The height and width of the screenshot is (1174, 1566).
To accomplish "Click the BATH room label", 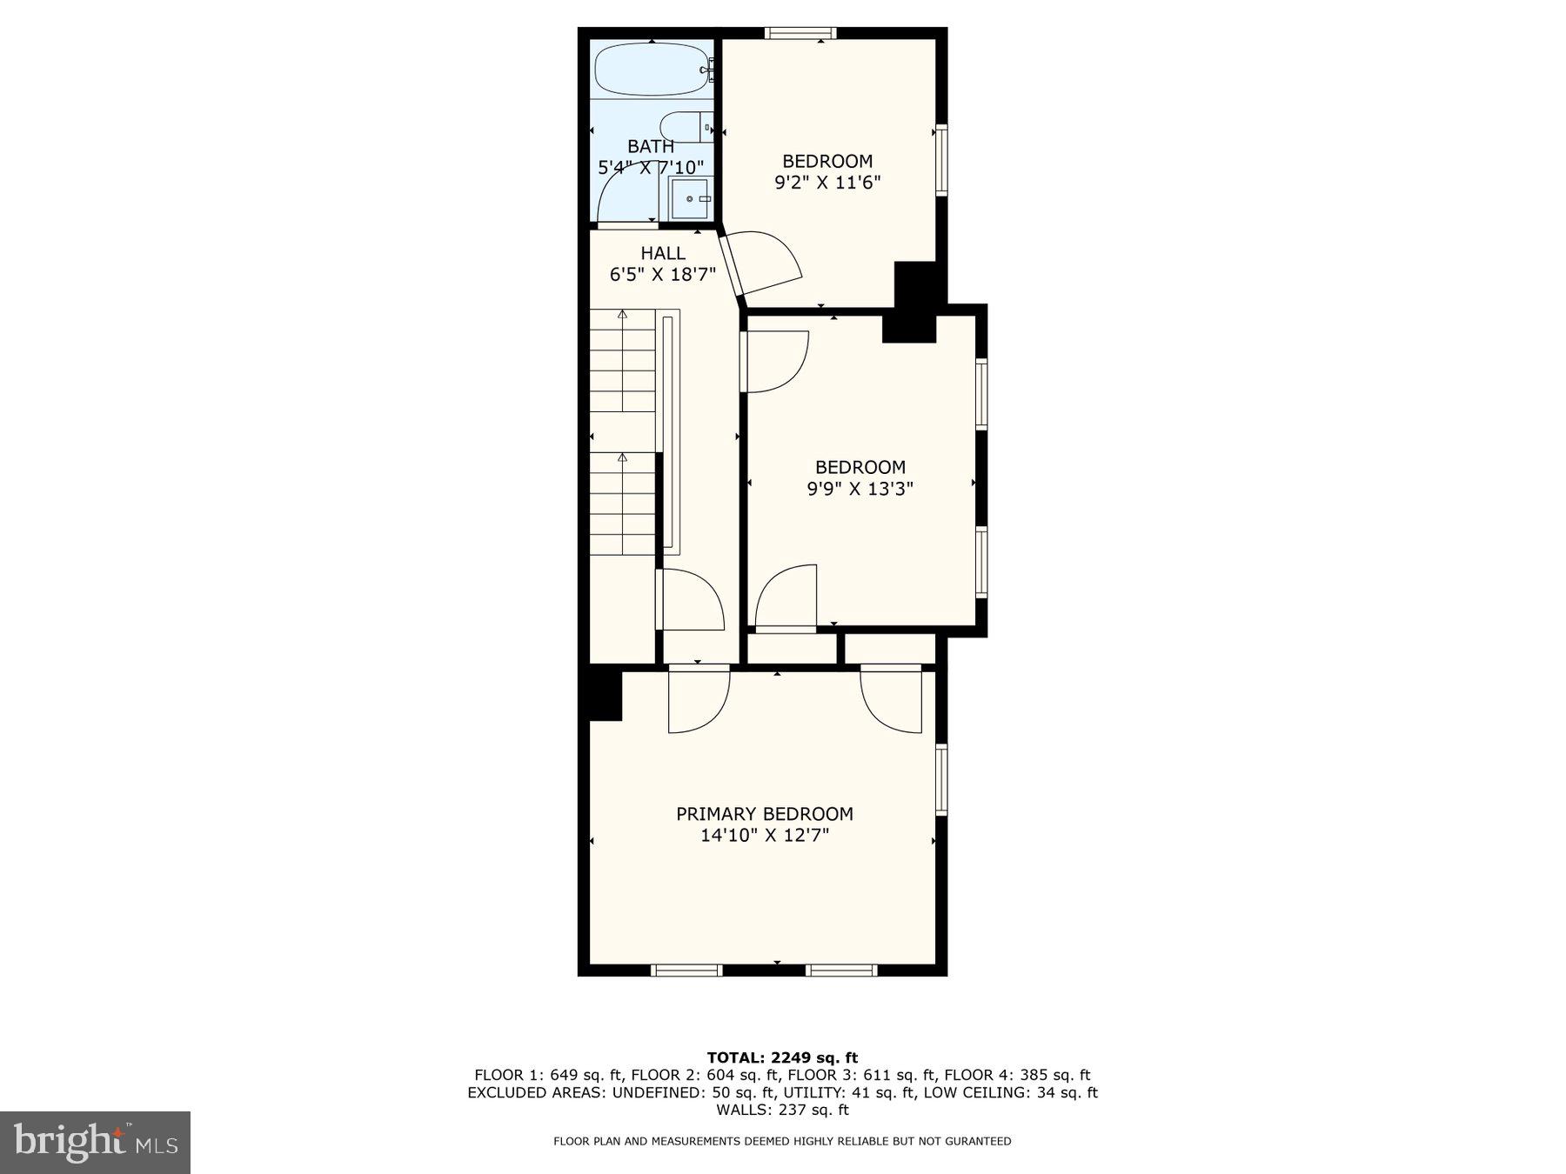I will pyautogui.click(x=651, y=146).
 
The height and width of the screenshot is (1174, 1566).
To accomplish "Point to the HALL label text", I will pyautogui.click(x=663, y=253).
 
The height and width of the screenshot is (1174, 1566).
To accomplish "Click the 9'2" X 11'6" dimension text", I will pyautogui.click(x=827, y=183).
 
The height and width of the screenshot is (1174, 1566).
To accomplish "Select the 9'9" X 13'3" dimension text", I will pyautogui.click(x=860, y=489).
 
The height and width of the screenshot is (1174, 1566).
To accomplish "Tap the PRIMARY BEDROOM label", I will pyautogui.click(x=765, y=814).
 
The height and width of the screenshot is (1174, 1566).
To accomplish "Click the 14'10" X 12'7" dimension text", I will pyautogui.click(x=765, y=836).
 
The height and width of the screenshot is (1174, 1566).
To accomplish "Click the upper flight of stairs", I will pyautogui.click(x=622, y=360).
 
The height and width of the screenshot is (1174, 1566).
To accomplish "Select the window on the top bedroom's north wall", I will pyautogui.click(x=800, y=33).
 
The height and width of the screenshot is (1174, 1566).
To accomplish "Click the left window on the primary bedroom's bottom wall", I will pyautogui.click(x=686, y=970).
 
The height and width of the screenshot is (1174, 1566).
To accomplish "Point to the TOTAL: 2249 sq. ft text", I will pyautogui.click(x=782, y=1057).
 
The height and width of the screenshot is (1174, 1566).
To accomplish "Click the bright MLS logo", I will pyautogui.click(x=95, y=1142).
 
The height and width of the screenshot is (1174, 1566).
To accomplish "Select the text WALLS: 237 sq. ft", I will pyautogui.click(x=782, y=1110).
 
